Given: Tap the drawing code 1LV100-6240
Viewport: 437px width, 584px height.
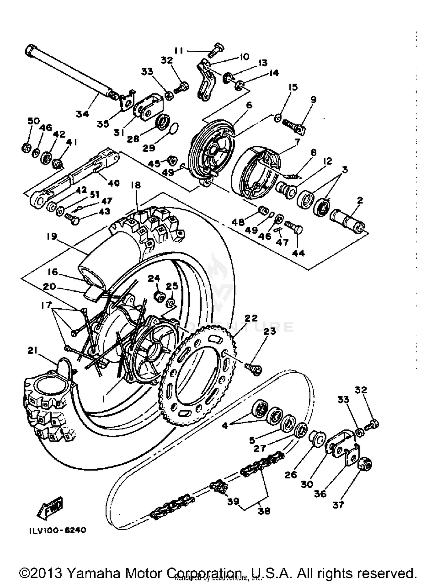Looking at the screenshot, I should click(57, 530).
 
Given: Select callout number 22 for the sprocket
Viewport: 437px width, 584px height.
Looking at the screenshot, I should click(251, 318).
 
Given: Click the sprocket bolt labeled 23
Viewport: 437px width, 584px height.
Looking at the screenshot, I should click(254, 369).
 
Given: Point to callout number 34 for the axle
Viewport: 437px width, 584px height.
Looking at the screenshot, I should click(82, 114).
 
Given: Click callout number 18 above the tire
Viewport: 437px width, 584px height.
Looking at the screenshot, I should click(136, 185).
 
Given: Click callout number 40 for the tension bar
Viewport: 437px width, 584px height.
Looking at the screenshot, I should click(114, 183).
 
